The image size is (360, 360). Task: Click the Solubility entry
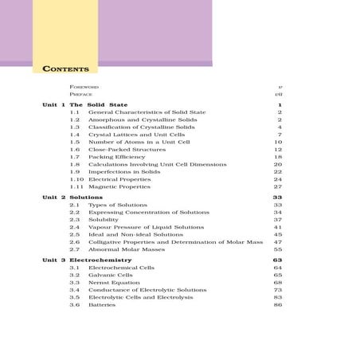click(102, 219)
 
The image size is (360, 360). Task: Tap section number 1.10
click(76, 179)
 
